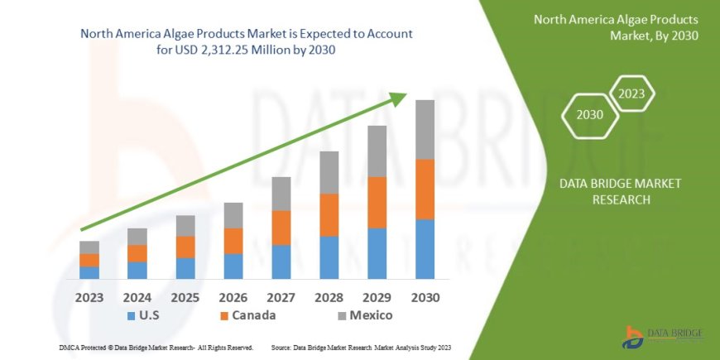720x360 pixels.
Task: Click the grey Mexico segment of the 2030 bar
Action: coord(425,129)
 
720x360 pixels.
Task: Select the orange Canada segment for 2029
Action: coord(377,202)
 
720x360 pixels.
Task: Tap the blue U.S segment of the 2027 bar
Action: coord(281,262)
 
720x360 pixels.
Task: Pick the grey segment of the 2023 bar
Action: coord(89,247)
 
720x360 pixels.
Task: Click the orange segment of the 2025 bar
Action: coord(185,247)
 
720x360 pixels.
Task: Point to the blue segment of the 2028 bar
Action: coord(329,257)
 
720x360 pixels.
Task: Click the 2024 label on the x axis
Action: coord(137,297)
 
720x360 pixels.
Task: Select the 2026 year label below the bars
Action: coord(233,297)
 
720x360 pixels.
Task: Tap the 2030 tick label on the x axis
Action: coord(425,297)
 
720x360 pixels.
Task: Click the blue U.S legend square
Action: coord(132,316)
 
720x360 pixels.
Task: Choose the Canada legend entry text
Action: coord(254,315)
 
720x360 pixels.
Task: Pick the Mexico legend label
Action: coord(370,315)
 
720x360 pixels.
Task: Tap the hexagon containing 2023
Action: coord(632,93)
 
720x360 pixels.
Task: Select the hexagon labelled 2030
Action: coord(589,115)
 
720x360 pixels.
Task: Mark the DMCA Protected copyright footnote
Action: coord(156,348)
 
